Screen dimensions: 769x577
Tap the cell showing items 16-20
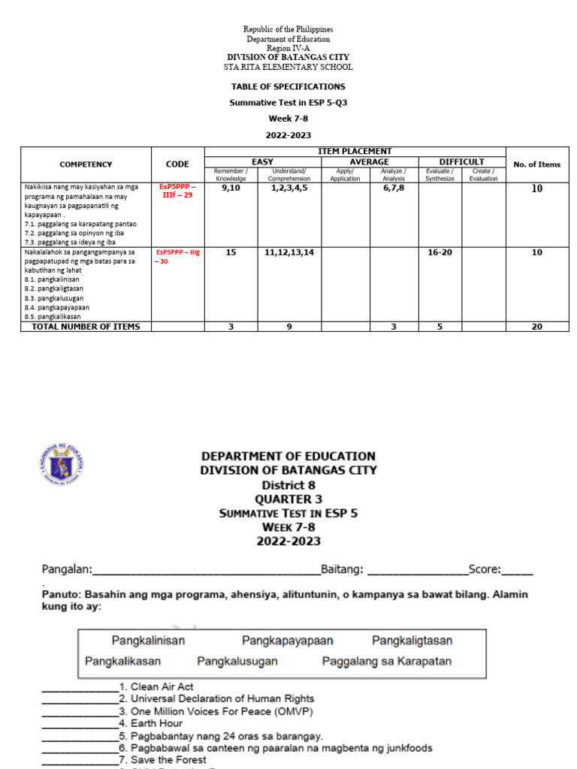click(x=440, y=252)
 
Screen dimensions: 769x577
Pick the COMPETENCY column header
click(x=86, y=164)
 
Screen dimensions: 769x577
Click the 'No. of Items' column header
click(x=536, y=164)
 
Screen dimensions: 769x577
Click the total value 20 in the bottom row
click(x=536, y=327)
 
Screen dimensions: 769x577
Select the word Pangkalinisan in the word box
click(x=149, y=641)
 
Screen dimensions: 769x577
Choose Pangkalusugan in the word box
click(x=237, y=662)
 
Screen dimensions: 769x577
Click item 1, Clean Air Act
click(x=162, y=686)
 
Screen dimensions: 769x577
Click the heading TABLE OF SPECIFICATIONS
click(x=288, y=87)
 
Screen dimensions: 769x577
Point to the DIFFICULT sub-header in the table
click(x=461, y=161)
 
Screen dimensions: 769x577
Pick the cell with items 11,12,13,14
click(x=288, y=252)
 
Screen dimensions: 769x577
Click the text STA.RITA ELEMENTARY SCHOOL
click(x=288, y=67)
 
